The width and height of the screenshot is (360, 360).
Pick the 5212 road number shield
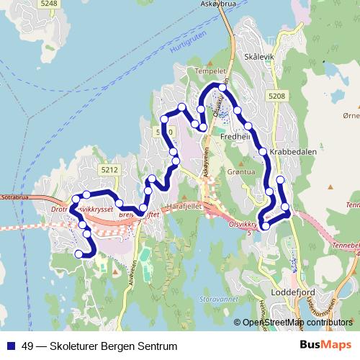(109, 170)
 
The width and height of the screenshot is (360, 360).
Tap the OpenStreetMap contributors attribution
(297, 323)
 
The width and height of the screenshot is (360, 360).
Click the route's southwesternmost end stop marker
(78, 253)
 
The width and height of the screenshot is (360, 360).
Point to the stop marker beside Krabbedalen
(263, 151)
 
